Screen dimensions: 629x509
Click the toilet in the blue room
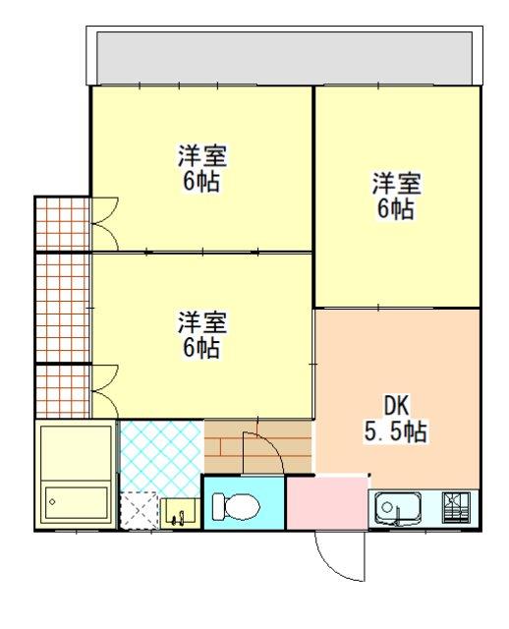(x=234, y=505)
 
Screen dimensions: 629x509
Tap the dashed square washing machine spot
(x=139, y=510)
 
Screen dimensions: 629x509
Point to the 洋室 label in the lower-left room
(x=202, y=321)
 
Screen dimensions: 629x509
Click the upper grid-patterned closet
(x=62, y=224)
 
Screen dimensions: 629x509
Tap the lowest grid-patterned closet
(x=62, y=391)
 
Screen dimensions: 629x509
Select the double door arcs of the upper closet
(x=104, y=224)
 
